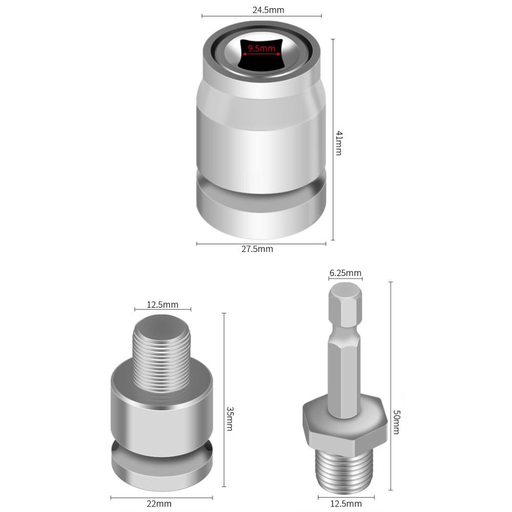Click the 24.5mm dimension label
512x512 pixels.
point(262,10)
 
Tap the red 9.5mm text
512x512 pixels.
point(262,49)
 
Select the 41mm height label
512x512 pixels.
point(339,142)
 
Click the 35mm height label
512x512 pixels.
point(229,418)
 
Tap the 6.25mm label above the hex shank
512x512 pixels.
point(345,273)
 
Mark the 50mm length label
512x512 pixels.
point(396,421)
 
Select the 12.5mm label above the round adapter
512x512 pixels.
point(162,305)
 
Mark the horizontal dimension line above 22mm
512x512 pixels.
point(162,497)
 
